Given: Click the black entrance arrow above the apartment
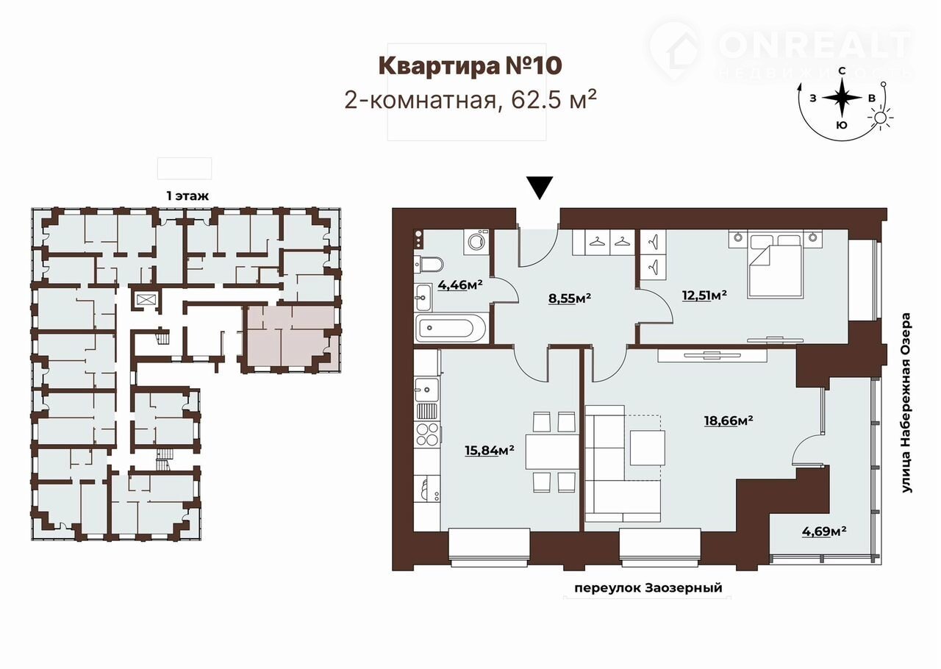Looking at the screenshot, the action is click(x=540, y=187).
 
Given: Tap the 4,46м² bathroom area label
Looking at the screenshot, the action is click(x=460, y=285).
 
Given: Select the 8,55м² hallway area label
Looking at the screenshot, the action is click(x=570, y=298).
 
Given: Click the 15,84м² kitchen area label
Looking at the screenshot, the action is click(x=490, y=451).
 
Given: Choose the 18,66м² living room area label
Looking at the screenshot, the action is click(x=729, y=421).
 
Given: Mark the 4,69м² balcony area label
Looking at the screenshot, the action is click(x=824, y=532).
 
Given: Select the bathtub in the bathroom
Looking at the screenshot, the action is click(x=451, y=329).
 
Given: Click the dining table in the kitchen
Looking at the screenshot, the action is click(x=552, y=451).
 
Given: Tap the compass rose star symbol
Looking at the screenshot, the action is click(x=842, y=98).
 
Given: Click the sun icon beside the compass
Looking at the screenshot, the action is click(x=880, y=118).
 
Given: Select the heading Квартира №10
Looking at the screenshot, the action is click(x=470, y=66).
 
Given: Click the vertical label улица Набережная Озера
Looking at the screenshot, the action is click(x=906, y=403).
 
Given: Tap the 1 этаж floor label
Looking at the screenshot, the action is click(x=187, y=196).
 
